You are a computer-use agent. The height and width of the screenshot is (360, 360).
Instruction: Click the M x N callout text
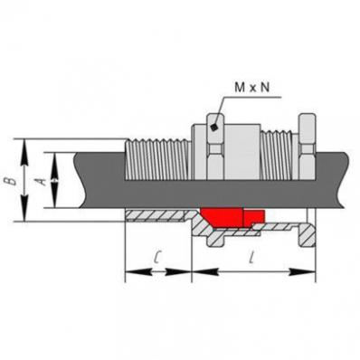click(x=252, y=88)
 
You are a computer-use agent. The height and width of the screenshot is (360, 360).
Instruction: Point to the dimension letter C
click(x=157, y=258)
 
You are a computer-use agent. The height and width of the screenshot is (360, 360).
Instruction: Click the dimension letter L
click(x=251, y=258)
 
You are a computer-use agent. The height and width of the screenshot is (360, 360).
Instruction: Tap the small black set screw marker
click(x=214, y=128)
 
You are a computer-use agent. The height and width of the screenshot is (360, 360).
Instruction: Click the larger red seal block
click(x=223, y=217)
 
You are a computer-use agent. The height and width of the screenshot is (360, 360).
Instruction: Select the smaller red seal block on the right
click(x=254, y=217)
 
